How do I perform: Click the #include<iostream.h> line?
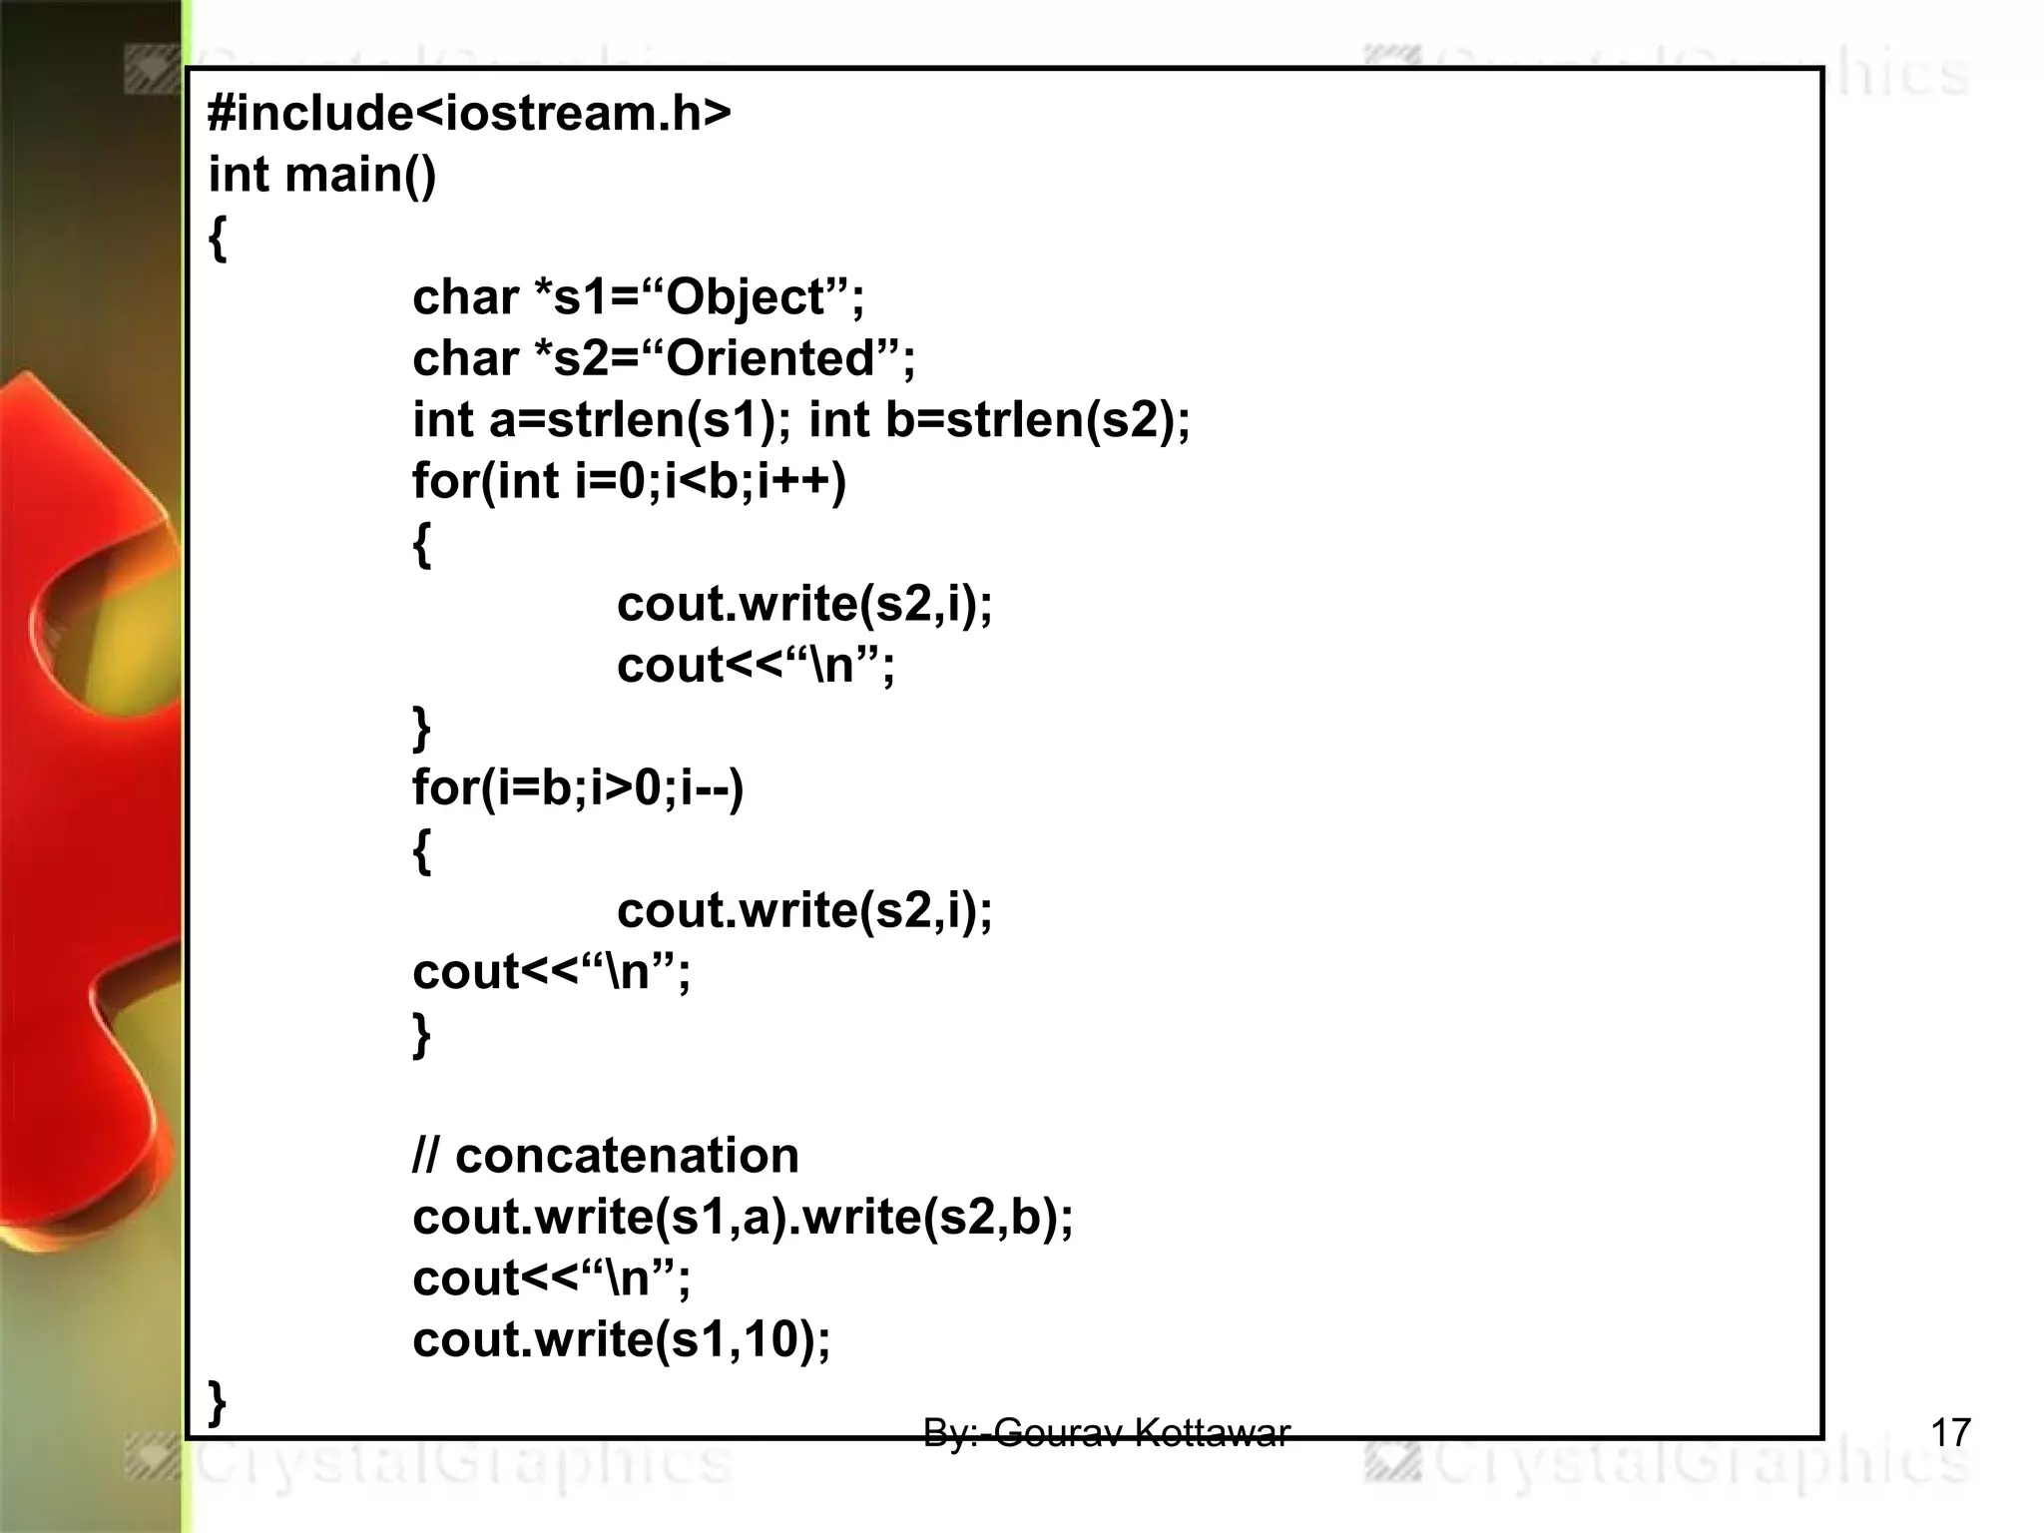point(469,114)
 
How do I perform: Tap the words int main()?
point(322,176)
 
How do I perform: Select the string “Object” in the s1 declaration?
point(745,298)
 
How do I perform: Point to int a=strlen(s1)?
point(595,420)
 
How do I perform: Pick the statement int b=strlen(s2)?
point(999,420)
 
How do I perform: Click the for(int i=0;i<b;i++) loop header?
point(629,482)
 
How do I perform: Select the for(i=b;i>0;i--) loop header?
point(578,788)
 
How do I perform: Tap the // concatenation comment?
point(606,1156)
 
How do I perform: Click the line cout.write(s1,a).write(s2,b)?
point(743,1218)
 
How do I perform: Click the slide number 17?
point(1950,1433)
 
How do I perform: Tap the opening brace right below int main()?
point(218,240)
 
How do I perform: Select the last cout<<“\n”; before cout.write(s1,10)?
point(551,1278)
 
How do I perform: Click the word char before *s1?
point(464,298)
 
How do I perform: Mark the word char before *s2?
point(464,359)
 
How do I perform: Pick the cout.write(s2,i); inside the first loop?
point(804,605)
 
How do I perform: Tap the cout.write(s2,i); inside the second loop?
point(804,911)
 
